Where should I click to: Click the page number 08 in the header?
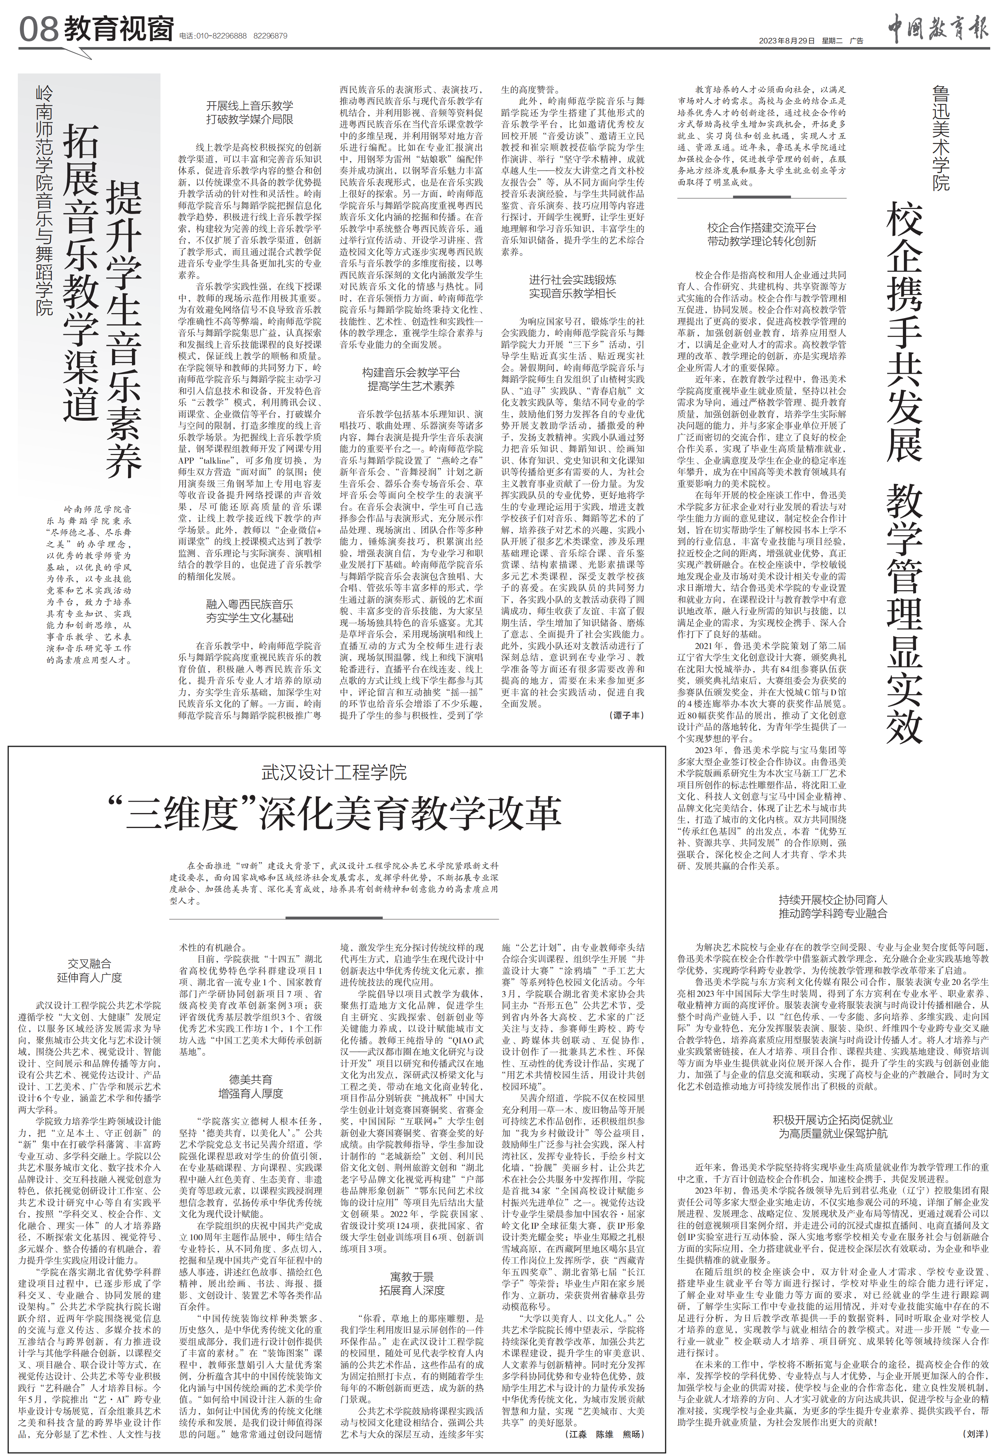pos(39,29)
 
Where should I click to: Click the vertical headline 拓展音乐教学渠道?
pos(81,272)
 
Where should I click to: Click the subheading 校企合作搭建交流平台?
pos(762,228)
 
